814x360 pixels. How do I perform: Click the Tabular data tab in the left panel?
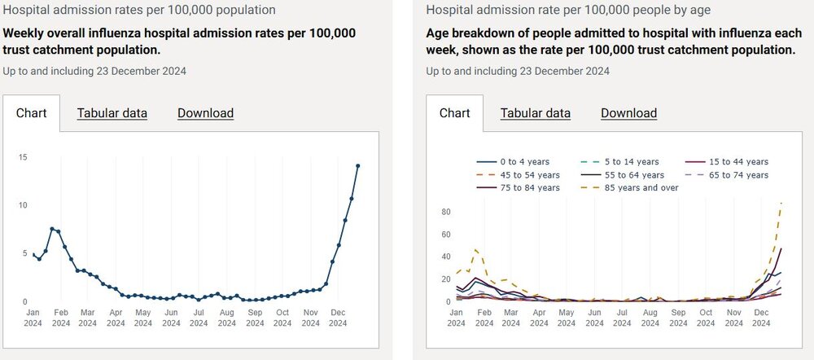(112, 113)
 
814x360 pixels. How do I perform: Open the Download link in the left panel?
(206, 113)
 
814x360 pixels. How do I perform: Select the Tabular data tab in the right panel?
(536, 113)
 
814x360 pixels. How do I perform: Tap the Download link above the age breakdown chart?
(628, 113)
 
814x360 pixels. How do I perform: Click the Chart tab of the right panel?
(454, 113)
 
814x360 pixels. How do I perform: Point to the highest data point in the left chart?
(357, 165)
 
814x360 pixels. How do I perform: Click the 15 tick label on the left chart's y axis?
(23, 157)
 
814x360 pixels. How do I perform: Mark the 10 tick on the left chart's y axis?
(23, 205)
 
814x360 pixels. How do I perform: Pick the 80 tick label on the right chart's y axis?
(446, 212)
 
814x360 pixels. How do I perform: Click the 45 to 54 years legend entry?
(518, 175)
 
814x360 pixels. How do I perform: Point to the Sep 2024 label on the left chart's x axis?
(255, 318)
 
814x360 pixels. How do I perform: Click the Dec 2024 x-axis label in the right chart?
(762, 318)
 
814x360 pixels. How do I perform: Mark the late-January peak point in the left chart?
(52, 229)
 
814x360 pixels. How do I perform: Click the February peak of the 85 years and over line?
(476, 249)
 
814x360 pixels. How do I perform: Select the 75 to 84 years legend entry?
(518, 188)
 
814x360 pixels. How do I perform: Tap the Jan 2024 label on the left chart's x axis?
(33, 318)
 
